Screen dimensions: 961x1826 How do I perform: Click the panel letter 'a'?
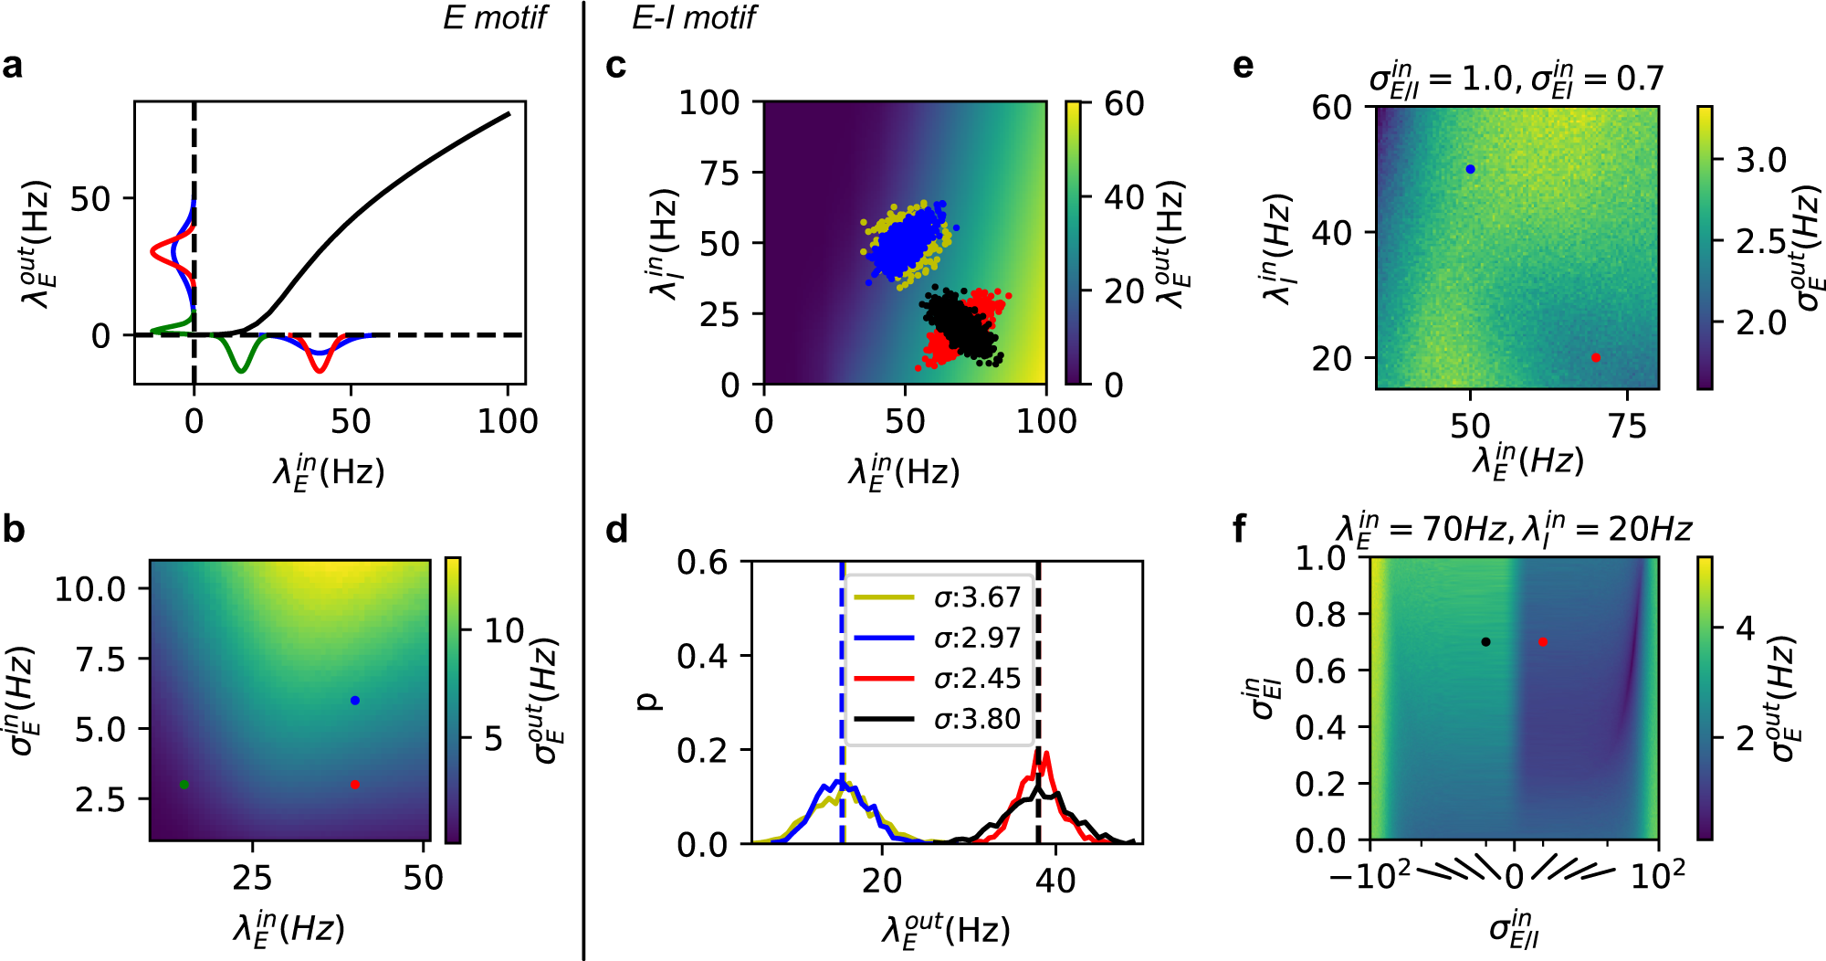(13, 66)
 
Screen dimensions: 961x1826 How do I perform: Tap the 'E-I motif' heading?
(694, 17)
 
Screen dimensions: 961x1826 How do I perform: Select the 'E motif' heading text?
(494, 17)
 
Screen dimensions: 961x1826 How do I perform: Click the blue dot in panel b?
(355, 701)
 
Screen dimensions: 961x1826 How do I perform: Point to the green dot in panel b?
(184, 785)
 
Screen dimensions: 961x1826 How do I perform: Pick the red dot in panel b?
(355, 785)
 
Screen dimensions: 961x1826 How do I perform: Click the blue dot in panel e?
(1470, 169)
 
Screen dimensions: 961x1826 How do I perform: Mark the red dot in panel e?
(1596, 358)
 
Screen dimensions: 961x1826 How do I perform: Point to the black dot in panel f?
(1486, 642)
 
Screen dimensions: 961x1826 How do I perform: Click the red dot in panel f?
(1543, 642)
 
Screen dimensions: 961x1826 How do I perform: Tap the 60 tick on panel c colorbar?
(1124, 103)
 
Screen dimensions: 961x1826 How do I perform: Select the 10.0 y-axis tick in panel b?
(90, 589)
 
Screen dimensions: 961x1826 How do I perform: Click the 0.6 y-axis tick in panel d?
(702, 562)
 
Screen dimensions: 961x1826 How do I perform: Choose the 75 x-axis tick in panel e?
(1628, 426)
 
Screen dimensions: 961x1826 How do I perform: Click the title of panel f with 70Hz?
(1514, 529)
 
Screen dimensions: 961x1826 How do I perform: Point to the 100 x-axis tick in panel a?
(509, 421)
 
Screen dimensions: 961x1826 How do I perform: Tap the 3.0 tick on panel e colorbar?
(1761, 161)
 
